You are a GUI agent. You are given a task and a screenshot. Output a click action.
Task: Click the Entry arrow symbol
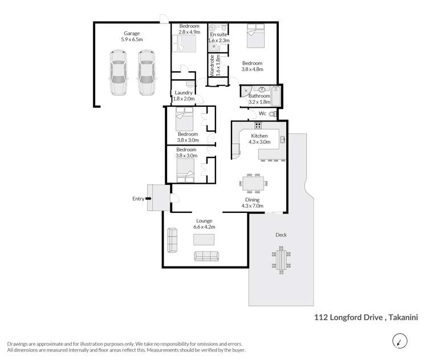[x=149, y=199]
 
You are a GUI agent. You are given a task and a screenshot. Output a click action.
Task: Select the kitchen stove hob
[x=258, y=126]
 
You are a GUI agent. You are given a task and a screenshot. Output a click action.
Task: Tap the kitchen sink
[x=282, y=139]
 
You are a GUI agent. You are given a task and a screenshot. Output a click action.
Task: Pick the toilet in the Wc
[x=273, y=114]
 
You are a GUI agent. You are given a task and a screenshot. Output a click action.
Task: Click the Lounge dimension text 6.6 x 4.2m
[x=204, y=227]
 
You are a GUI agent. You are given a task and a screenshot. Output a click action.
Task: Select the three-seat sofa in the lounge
[x=206, y=256]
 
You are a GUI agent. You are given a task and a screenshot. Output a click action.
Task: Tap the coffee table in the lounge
[x=204, y=240]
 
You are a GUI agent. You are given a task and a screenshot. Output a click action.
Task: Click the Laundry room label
[x=184, y=92]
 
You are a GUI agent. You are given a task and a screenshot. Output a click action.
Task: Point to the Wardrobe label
[x=210, y=68]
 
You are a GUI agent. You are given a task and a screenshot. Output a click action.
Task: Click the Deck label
[x=280, y=234]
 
